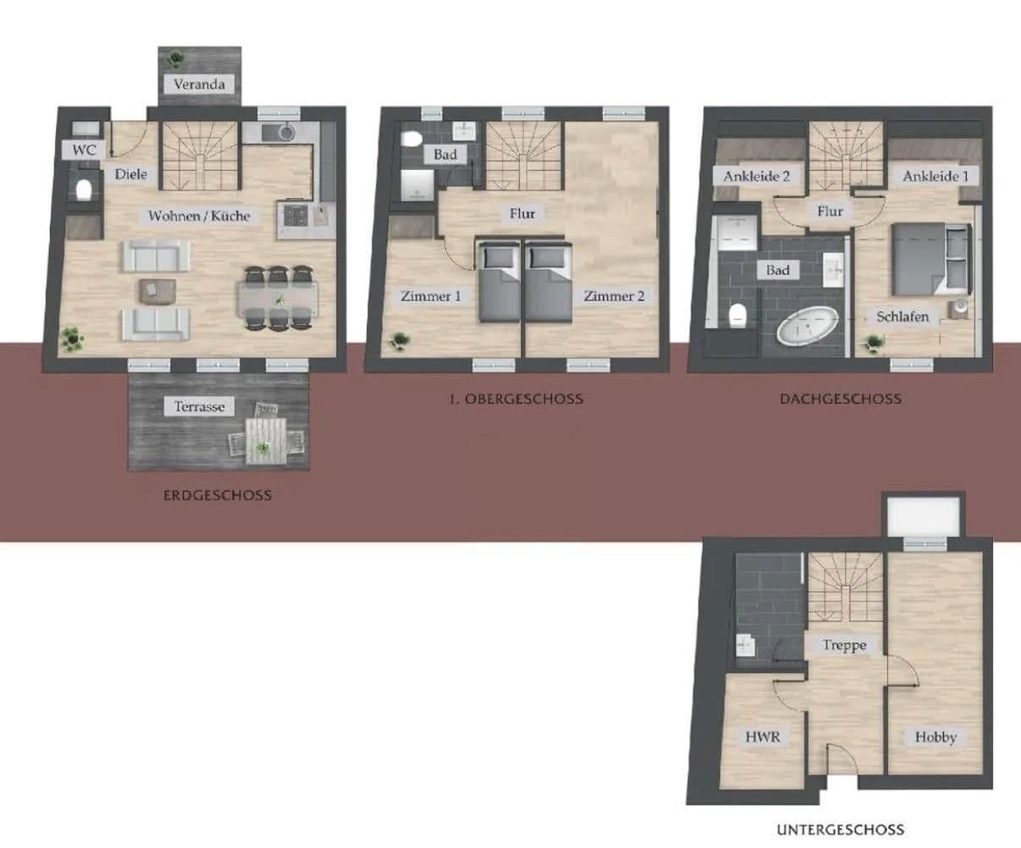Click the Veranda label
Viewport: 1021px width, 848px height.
tap(199, 84)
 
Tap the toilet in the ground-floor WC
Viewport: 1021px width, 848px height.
tap(83, 190)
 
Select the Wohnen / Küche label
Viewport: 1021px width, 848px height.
tap(199, 216)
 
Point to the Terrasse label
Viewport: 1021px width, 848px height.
tap(200, 406)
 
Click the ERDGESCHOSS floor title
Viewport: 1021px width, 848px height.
tap(218, 495)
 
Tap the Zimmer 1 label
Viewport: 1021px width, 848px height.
tap(431, 296)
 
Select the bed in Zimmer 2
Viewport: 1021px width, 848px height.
tap(547, 283)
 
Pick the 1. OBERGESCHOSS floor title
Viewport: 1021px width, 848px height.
tap(516, 399)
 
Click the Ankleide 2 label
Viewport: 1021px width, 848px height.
tap(756, 177)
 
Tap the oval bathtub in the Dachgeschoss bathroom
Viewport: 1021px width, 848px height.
tap(807, 325)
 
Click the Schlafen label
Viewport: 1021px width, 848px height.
tap(902, 317)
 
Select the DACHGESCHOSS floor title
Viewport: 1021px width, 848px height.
tap(840, 399)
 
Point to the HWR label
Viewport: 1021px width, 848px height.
tap(762, 736)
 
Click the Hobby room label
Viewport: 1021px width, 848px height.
tap(935, 737)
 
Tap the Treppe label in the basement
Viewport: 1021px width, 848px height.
tap(844, 645)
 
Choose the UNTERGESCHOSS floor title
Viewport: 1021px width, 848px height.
tap(840, 830)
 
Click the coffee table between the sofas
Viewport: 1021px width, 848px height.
tap(157, 289)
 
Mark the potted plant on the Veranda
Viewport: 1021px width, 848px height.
tap(175, 58)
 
